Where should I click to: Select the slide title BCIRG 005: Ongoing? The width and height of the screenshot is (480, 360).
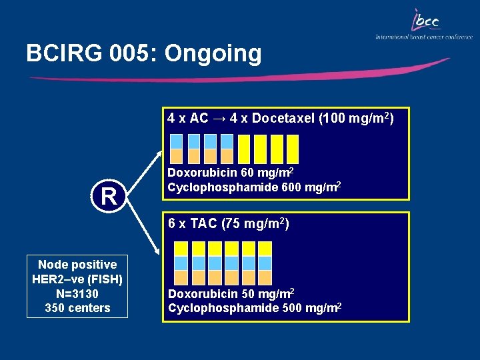144,53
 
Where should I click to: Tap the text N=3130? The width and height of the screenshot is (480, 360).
77,293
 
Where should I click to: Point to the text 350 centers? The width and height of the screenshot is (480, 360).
77,308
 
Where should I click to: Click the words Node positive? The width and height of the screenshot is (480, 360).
77,264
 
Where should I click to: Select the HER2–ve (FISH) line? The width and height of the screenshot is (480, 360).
77,279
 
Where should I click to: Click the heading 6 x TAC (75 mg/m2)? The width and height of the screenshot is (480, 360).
228,224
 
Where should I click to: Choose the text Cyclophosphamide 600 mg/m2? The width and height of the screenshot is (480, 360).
255,187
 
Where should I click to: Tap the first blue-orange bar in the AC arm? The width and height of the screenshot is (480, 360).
177,149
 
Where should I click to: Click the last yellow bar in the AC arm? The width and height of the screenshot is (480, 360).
292,149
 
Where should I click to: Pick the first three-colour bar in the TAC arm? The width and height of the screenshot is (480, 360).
181,263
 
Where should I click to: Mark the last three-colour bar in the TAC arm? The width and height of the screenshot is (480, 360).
265,263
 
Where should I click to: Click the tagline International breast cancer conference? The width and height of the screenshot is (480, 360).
423,37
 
